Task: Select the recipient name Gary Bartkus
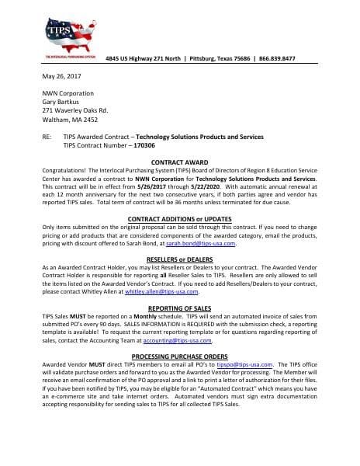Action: tap(63, 102)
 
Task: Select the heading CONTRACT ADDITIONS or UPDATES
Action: tap(179, 218)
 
